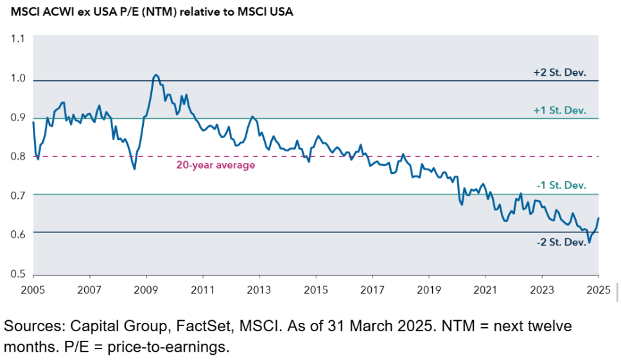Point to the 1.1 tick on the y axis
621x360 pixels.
pos(17,39)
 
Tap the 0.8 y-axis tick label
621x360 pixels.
pos(17,156)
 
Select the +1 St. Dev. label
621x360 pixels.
pos(560,110)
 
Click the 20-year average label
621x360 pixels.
pos(216,165)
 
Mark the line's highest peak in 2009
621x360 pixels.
pos(156,75)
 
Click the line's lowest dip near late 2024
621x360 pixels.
pos(589,243)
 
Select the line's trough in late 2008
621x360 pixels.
pos(134,169)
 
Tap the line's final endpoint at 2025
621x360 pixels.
pos(599,218)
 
